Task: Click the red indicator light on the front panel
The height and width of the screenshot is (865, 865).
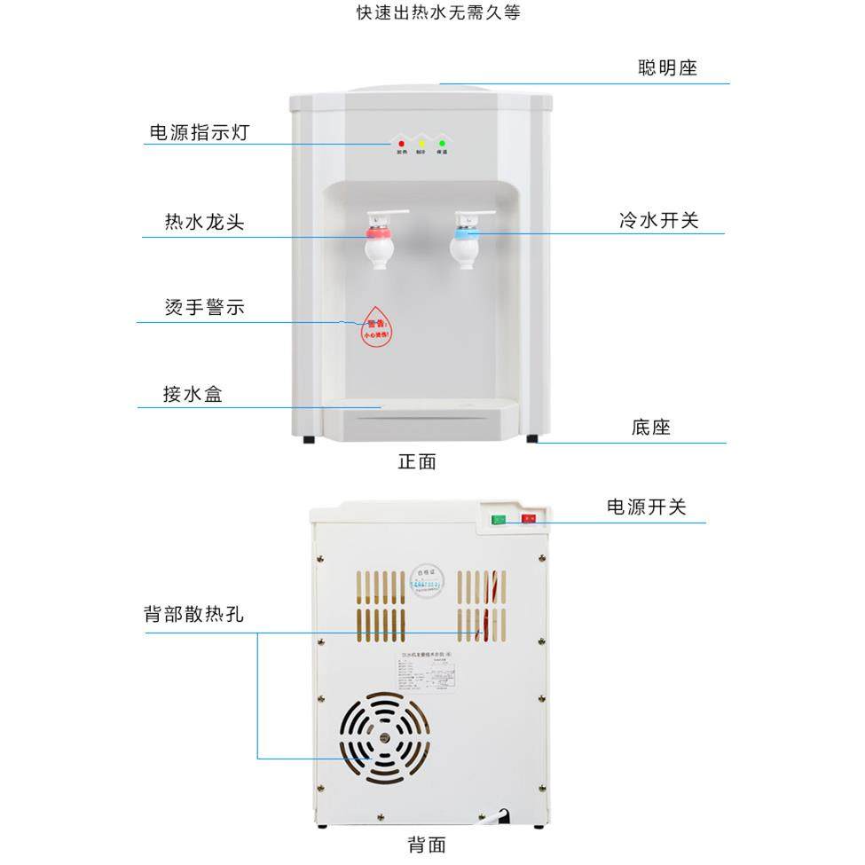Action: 401,144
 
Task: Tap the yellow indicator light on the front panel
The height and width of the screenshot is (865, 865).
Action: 421,144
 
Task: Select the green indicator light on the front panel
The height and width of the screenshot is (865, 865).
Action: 442,144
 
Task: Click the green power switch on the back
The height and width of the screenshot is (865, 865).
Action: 499,520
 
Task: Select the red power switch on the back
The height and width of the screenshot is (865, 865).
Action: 529,519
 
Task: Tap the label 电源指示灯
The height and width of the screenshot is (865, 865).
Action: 199,133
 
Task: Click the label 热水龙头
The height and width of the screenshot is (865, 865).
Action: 204,222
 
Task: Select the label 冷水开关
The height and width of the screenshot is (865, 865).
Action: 659,220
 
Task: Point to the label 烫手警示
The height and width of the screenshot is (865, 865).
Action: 204,308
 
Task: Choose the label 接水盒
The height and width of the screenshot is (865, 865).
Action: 193,395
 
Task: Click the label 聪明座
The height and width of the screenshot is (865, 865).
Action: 667,68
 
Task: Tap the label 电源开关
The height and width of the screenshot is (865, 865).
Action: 647,507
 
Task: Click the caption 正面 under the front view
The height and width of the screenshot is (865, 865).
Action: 417,461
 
